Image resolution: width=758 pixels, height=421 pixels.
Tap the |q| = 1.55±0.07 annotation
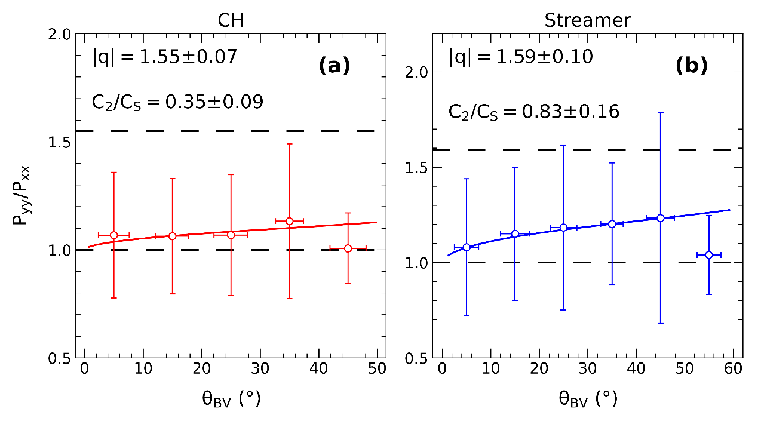165,57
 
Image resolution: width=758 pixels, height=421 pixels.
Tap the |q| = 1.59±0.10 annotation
521,57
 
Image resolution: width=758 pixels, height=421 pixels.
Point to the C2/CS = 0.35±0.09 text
177,102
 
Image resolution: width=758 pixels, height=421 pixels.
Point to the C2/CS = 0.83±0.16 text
533,111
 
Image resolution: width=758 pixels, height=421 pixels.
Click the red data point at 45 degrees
348,248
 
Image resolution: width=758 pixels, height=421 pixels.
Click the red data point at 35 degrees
289,221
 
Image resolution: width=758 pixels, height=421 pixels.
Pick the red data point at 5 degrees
113,235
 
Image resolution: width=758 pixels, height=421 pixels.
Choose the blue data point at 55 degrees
709,255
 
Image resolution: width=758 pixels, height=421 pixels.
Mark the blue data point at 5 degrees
467,247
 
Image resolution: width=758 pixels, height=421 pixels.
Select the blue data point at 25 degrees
563,228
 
